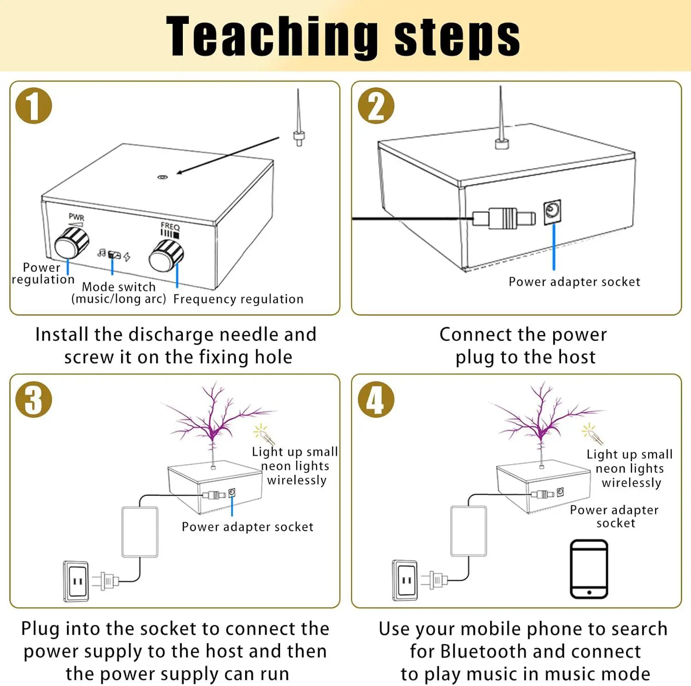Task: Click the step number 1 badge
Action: (x=34, y=106)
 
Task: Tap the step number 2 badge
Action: (x=376, y=106)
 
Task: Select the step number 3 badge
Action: (x=34, y=399)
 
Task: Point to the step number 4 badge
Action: (x=376, y=399)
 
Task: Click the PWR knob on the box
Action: (x=71, y=242)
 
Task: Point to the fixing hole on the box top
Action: (x=162, y=177)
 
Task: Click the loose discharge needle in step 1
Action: (x=299, y=118)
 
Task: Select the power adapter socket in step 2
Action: (x=552, y=212)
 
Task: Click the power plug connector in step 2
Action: (x=504, y=218)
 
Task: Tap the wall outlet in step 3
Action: (x=76, y=581)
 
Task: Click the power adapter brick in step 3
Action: (x=140, y=532)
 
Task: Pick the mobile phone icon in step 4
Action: (x=589, y=569)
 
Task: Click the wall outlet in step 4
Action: (x=405, y=580)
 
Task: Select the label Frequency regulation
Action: (x=238, y=299)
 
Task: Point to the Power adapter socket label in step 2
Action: (x=574, y=282)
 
